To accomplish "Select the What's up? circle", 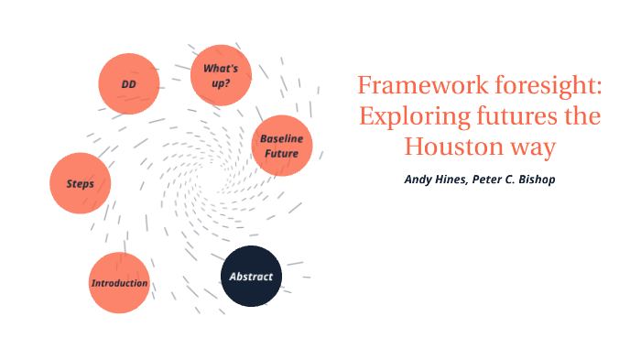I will (221, 75).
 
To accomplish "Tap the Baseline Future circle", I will (282, 146).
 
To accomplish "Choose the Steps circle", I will (81, 183).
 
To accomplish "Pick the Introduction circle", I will (119, 283).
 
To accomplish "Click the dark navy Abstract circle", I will (251, 276).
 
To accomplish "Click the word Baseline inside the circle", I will (282, 138).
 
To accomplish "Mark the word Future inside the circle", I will (282, 153).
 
